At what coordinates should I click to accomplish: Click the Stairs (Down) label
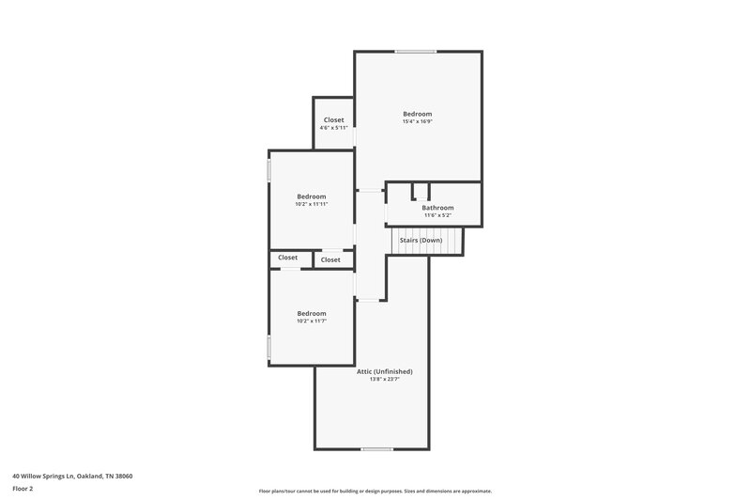[x=421, y=240]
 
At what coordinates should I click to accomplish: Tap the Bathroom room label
[x=437, y=208]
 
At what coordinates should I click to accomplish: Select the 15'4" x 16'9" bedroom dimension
[x=417, y=121]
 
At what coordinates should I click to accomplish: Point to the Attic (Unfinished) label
[x=384, y=371]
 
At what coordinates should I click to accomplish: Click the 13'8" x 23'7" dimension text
[x=384, y=380]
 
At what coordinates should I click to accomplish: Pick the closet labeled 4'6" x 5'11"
[x=333, y=128]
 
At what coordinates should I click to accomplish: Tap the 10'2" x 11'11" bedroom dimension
[x=311, y=204]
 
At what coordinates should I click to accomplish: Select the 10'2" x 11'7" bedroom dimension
[x=311, y=321]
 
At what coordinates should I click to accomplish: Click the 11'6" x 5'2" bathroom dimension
[x=437, y=215]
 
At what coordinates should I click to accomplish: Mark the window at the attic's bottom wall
[x=376, y=449]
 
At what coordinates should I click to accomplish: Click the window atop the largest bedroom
[x=414, y=52]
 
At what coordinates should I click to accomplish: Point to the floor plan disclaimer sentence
[x=375, y=491]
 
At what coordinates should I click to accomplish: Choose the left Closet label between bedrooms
[x=287, y=258]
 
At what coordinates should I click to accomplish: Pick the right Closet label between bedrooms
[x=330, y=259]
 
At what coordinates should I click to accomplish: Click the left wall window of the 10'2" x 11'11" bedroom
[x=269, y=170]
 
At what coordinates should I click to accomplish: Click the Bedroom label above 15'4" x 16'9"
[x=417, y=114]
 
